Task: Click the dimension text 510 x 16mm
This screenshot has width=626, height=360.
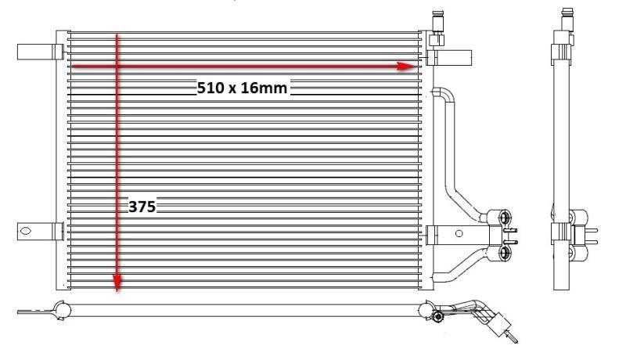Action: [242, 88]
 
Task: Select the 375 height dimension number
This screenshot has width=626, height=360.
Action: [142, 207]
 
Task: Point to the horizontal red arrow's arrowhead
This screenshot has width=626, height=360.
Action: [407, 67]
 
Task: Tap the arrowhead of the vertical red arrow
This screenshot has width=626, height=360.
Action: [117, 283]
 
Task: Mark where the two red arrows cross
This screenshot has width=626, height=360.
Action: [117, 67]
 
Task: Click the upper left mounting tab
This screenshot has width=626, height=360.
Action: [41, 52]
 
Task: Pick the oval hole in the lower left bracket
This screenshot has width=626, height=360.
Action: [26, 231]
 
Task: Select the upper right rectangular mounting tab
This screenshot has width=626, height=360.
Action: [449, 58]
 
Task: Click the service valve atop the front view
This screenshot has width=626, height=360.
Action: [437, 28]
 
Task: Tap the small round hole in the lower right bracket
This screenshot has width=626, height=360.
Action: [459, 233]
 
